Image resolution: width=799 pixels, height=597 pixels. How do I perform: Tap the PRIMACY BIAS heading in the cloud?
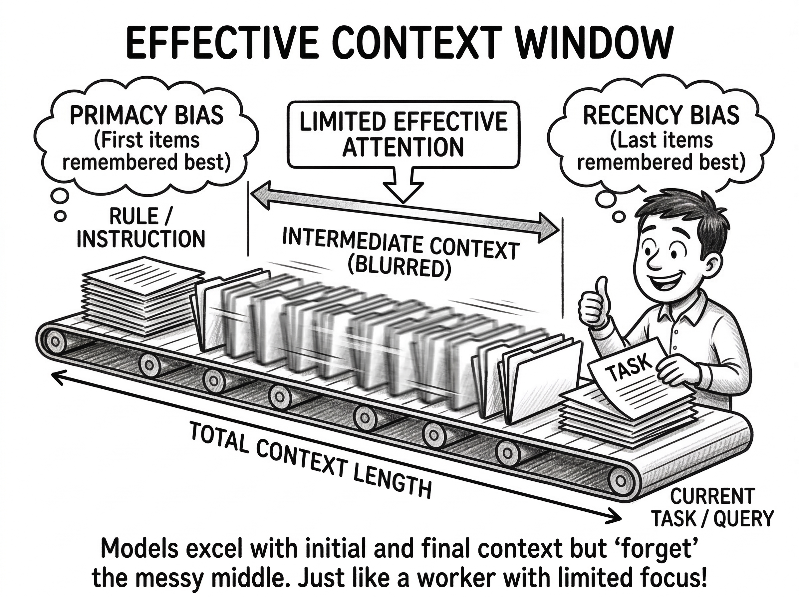click(146, 115)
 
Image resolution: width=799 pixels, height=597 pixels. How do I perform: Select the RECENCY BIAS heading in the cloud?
click(661, 115)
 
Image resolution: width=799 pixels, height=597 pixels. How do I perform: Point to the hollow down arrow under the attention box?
click(403, 186)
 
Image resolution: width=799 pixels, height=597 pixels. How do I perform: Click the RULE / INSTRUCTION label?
click(140, 228)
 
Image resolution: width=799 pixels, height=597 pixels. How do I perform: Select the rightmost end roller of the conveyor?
click(620, 481)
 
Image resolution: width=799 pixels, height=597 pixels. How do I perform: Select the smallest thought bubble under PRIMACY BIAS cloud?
click(60, 216)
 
